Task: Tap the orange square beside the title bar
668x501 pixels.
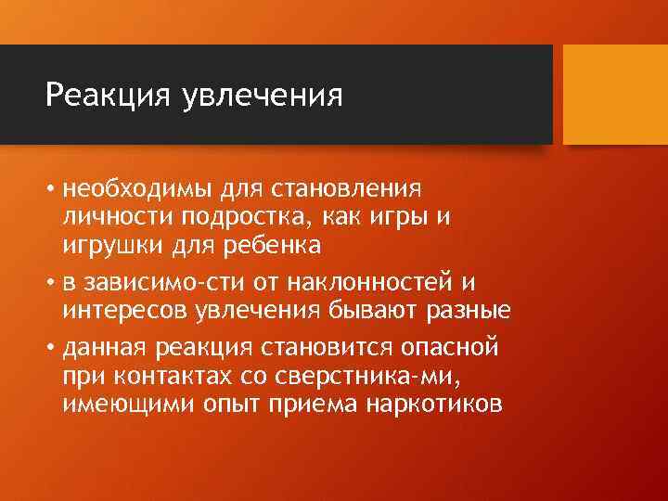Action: (615, 95)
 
